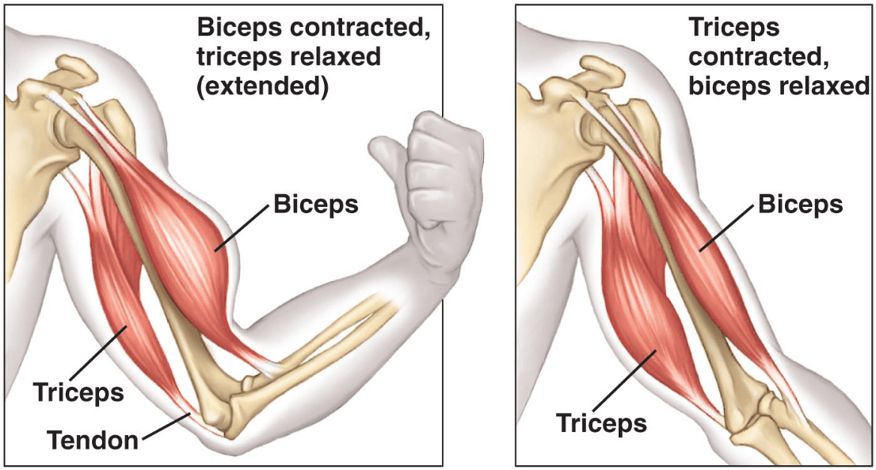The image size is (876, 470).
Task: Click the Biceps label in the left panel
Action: pyautogui.click(x=315, y=204)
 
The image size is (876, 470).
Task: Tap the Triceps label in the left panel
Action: pyautogui.click(x=78, y=391)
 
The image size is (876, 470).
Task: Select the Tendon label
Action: pyautogui.click(x=92, y=439)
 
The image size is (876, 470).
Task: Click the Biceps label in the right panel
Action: pyautogui.click(x=800, y=204)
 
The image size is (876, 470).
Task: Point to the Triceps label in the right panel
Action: pyautogui.click(x=601, y=422)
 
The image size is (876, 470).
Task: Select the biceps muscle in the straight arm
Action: pyautogui.click(x=697, y=254)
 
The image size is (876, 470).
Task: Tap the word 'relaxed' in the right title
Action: pyautogui.click(x=827, y=85)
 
